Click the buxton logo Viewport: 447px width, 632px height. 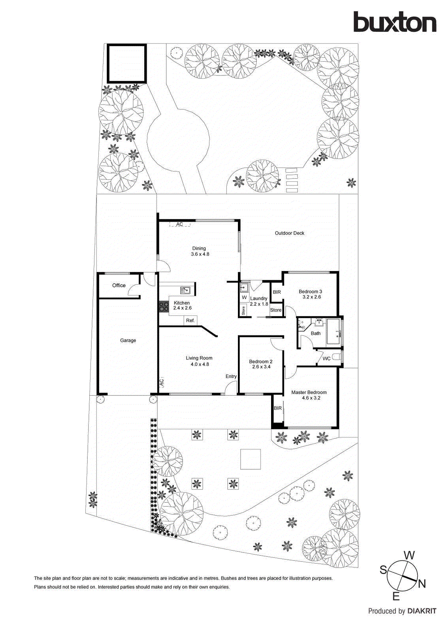click(x=394, y=22)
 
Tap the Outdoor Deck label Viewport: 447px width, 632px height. click(x=289, y=233)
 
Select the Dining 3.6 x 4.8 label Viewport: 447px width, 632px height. click(x=200, y=251)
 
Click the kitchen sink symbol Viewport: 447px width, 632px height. click(x=185, y=291)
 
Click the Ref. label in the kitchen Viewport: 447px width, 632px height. click(x=190, y=320)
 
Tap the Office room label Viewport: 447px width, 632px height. click(x=119, y=285)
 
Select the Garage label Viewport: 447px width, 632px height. click(x=128, y=340)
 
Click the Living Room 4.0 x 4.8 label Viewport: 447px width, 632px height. click(x=199, y=361)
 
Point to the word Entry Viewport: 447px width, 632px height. click(x=231, y=376)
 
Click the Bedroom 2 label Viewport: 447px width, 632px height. click(x=260, y=364)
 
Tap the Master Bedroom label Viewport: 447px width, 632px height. click(x=309, y=395)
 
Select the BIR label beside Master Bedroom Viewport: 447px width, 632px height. click(x=277, y=408)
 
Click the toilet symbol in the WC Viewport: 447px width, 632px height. click(x=336, y=357)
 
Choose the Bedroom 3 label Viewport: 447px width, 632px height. click(x=310, y=294)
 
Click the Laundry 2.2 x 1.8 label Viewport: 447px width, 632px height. click(x=259, y=301)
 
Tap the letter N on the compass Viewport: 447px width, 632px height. click(x=422, y=584)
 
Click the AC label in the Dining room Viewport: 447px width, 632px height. click(x=179, y=224)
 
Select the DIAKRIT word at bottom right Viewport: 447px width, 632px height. click(x=422, y=611)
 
